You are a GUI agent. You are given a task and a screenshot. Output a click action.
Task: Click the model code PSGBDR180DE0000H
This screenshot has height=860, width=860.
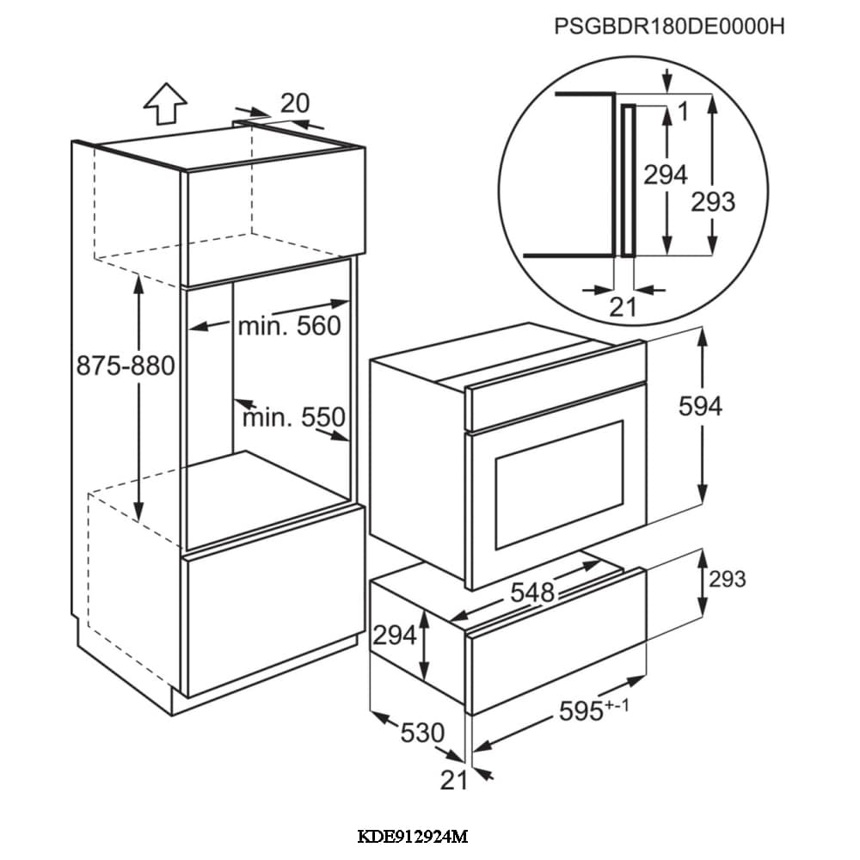[670, 27]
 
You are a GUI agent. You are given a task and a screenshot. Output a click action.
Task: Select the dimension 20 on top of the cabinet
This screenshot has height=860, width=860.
[294, 103]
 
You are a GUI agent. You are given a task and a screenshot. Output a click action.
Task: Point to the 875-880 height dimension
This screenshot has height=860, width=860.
[126, 366]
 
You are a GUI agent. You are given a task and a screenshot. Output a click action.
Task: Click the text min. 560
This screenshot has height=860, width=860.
[289, 326]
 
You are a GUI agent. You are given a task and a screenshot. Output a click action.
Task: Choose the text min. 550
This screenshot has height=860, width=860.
[293, 418]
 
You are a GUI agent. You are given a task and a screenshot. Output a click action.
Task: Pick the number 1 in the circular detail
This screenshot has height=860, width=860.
[683, 111]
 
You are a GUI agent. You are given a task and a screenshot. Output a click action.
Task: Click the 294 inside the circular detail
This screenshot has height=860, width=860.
[666, 175]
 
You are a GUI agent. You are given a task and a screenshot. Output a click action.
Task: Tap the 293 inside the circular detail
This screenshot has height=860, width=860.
[713, 201]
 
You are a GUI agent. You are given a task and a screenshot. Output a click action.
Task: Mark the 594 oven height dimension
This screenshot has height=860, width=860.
[700, 407]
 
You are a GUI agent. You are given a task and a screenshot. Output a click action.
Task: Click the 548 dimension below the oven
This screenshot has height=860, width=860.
[532, 592]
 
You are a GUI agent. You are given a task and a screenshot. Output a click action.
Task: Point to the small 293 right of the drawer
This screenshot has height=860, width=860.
[727, 579]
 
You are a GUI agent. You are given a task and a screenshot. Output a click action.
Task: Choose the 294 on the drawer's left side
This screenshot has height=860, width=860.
[395, 636]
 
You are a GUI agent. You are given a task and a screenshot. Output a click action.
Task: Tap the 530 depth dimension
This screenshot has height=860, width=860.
[422, 733]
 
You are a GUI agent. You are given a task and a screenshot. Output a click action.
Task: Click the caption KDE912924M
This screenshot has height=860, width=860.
[412, 836]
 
